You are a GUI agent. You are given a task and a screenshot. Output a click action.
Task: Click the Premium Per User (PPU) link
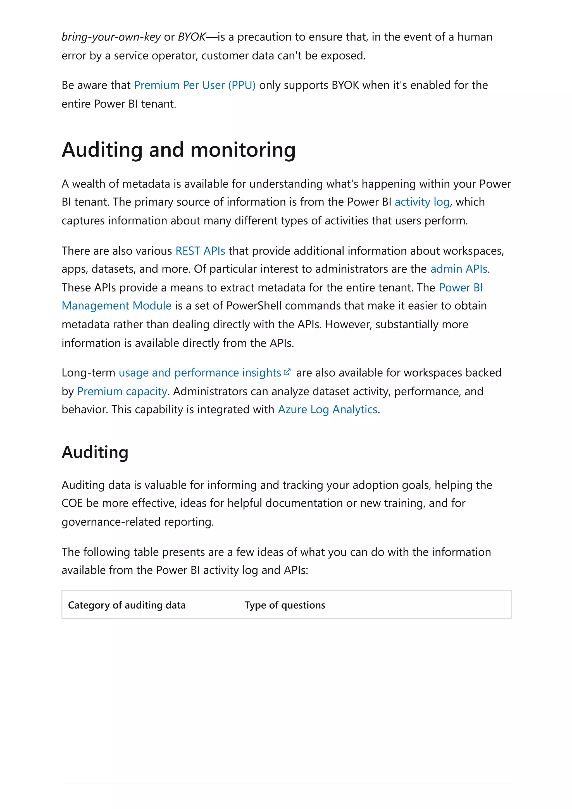tap(195, 85)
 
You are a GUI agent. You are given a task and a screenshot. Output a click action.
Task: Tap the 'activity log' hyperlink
tap(422, 202)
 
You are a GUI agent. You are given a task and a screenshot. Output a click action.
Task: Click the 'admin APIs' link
tap(459, 269)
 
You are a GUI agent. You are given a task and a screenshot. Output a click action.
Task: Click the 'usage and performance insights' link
tap(199, 373)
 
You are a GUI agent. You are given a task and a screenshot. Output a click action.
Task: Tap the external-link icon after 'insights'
tap(287, 372)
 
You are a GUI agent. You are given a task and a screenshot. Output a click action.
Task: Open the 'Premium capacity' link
tap(122, 391)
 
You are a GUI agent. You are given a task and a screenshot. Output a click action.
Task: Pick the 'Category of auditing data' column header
tap(127, 605)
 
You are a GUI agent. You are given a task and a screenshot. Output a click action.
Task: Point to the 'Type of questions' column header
tap(285, 605)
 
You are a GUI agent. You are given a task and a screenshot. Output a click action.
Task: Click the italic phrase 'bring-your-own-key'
tap(111, 37)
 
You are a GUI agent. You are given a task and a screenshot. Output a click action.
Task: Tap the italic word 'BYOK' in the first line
tap(192, 37)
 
